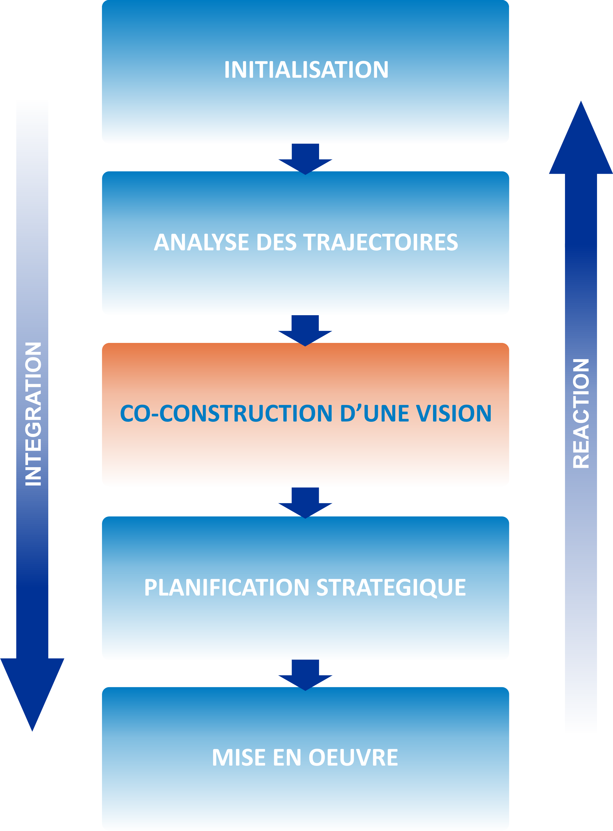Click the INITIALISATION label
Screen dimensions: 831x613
click(x=306, y=69)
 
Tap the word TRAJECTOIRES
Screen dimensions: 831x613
click(x=381, y=242)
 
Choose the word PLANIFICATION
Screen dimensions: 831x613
click(x=226, y=587)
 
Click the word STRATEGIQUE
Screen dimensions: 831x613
click(x=391, y=588)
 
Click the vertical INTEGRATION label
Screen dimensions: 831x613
click(x=33, y=414)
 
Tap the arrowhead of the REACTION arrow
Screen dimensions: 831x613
click(x=581, y=141)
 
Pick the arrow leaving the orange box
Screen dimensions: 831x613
click(x=305, y=502)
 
